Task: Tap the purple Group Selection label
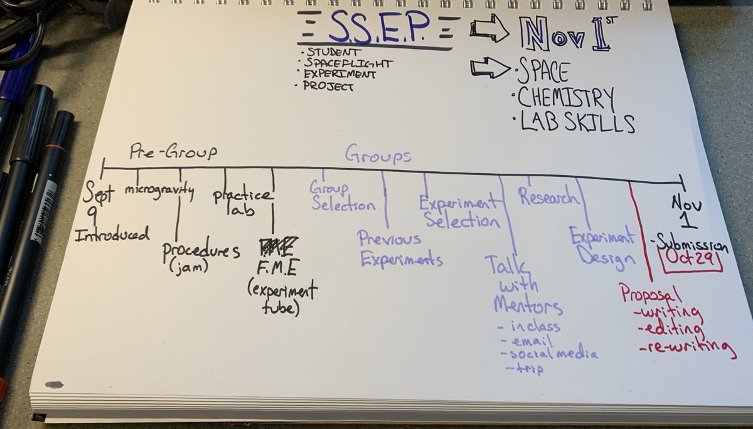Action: click(x=343, y=197)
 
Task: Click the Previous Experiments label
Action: click(x=400, y=249)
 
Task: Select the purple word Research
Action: click(x=548, y=197)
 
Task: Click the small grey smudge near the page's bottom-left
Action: click(x=55, y=384)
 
